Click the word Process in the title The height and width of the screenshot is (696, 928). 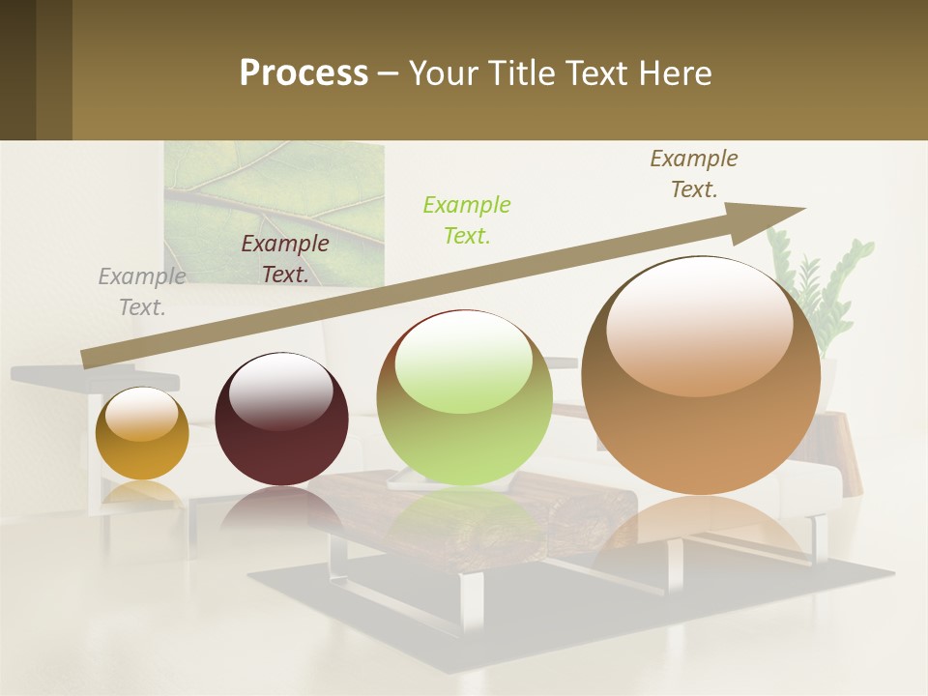pos(304,73)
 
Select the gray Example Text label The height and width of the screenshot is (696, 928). pos(142,292)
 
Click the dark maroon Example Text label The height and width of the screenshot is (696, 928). pos(285,259)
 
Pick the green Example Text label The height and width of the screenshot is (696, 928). pos(467,219)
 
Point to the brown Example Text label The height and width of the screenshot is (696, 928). pos(694,174)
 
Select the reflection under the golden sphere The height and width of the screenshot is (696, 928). pos(142,495)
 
